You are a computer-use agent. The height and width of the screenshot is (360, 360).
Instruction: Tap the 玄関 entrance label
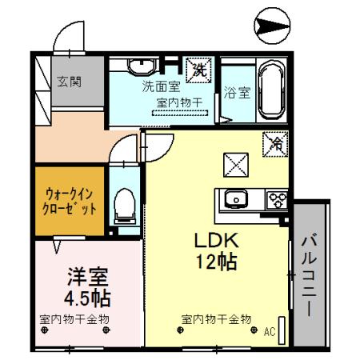coord(68,82)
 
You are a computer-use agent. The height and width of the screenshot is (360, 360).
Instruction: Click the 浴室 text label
coord(237,92)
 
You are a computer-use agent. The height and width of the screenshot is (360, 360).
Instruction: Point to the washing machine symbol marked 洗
coord(198,69)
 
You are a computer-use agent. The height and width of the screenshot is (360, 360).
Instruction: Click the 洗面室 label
coord(158,85)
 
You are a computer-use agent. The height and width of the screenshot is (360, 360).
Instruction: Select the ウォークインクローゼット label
coord(70,200)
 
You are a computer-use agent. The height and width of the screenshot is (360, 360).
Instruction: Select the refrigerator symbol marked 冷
coord(274,145)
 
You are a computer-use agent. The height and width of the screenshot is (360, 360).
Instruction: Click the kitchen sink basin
coord(235,199)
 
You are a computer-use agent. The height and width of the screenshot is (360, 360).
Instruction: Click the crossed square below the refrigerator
coord(235,166)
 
